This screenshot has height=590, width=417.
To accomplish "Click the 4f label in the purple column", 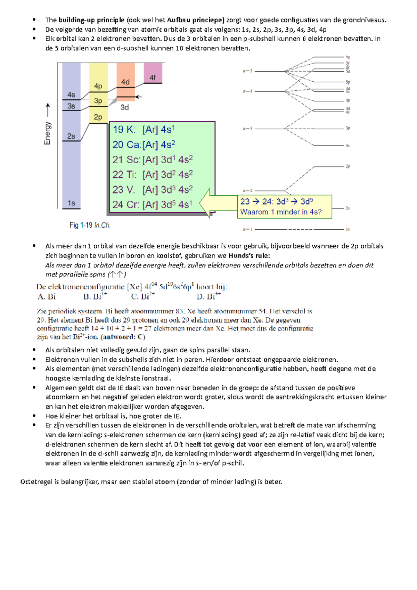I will tap(153, 78).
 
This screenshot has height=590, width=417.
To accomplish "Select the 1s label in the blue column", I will tap(71, 203).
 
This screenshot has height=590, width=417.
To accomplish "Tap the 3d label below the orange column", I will tap(124, 108).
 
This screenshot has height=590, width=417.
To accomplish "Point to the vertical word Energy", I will tap(47, 133).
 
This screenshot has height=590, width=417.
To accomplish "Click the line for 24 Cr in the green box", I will tap(152, 204).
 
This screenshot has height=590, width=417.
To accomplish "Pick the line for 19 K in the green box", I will tap(144, 130).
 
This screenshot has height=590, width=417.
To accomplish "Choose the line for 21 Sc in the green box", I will tap(152, 159).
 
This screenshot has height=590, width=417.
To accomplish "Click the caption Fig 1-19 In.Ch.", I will tap(90, 225).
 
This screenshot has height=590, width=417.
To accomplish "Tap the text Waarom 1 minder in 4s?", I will tap(281, 212).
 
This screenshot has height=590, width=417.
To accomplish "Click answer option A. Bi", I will tap(47, 297).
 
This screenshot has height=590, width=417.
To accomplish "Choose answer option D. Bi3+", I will tap(208, 296).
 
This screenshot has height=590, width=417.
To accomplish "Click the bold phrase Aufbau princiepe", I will tap(196, 20).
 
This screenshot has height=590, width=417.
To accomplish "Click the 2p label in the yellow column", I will tap(98, 117).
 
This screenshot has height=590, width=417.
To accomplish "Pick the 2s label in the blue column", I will tap(71, 136).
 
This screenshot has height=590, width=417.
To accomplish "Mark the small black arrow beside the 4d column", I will tap(138, 97).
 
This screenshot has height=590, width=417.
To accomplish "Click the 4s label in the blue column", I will tap(71, 95).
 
